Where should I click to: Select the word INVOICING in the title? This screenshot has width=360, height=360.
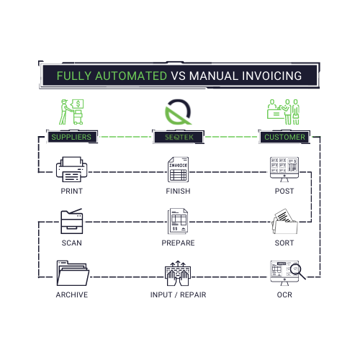(267, 76)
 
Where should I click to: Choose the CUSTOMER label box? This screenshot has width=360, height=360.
(284, 137)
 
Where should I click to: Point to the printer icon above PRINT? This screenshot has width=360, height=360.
(71, 171)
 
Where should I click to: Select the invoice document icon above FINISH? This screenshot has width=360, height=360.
(179, 170)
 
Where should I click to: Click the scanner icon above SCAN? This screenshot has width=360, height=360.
(71, 221)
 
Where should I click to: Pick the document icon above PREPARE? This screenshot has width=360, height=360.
(179, 221)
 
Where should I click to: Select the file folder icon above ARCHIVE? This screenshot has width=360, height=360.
(71, 273)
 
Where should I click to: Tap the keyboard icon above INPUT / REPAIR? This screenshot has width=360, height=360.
(179, 273)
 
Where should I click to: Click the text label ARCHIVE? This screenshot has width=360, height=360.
(71, 295)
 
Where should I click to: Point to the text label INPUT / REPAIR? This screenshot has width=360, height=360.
(179, 295)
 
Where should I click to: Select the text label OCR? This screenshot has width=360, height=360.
(284, 295)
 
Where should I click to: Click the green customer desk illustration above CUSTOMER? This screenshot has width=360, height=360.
(284, 112)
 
